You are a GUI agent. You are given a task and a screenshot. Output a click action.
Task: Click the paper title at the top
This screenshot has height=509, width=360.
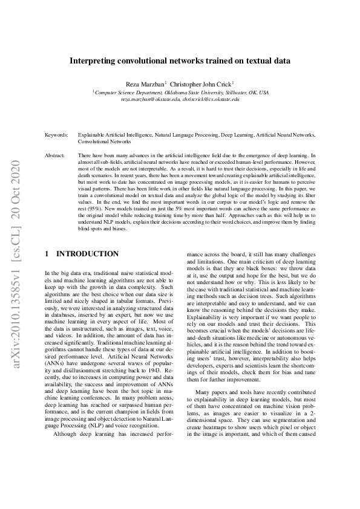tap(180, 61)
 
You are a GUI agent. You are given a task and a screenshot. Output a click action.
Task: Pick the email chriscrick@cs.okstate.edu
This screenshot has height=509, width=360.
tap(210, 99)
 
